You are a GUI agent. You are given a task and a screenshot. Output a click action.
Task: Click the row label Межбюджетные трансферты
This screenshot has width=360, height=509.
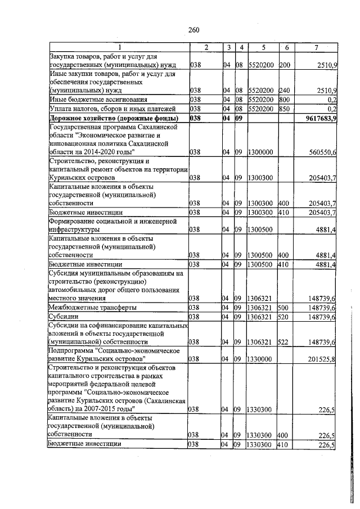pyautogui.click(x=85, y=307)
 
